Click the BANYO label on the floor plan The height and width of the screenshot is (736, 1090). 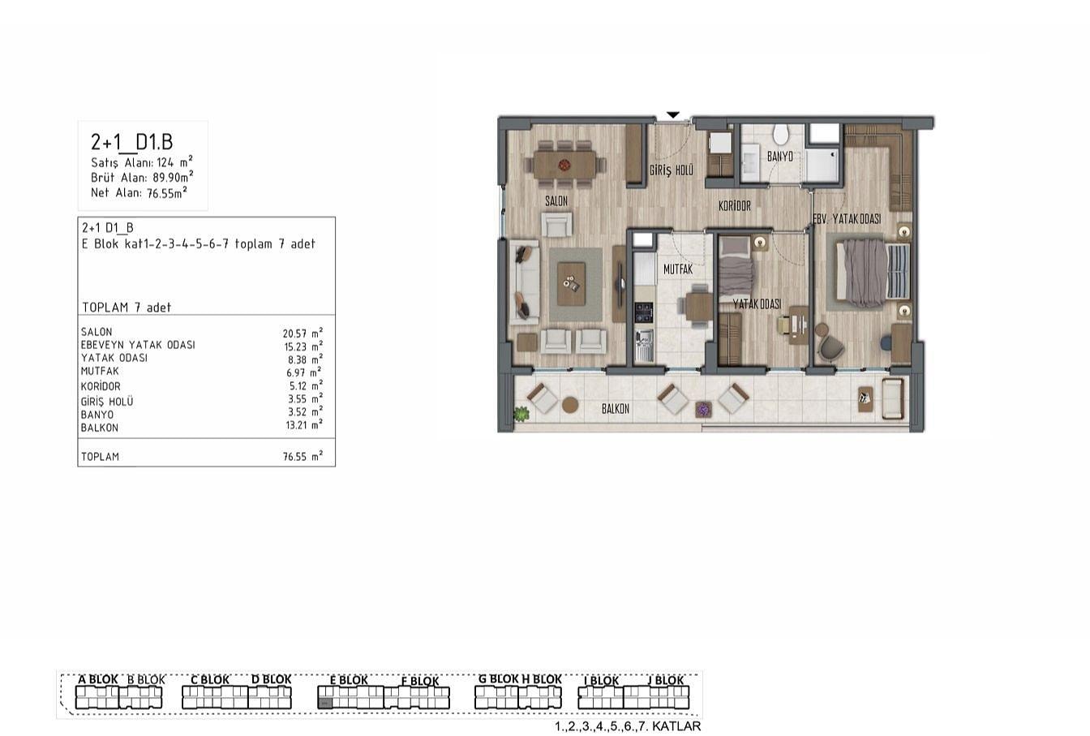tap(780, 157)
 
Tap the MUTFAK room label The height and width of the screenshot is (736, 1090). tap(678, 269)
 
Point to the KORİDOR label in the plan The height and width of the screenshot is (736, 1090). tap(735, 206)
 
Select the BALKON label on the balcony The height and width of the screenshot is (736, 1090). tap(616, 409)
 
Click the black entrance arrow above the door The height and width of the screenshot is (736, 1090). tap(673, 115)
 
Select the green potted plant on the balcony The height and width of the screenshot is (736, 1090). tap(521, 414)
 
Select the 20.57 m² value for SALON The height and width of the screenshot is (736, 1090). tap(303, 333)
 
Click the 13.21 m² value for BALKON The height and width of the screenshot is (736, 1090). tap(304, 425)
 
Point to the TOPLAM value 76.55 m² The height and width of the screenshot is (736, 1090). tap(303, 456)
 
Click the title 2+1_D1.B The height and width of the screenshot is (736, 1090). tap(131, 142)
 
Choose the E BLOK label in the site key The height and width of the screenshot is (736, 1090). tap(349, 679)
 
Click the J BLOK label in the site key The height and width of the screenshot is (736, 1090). tap(666, 679)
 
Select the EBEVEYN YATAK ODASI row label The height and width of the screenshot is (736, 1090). tap(138, 345)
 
